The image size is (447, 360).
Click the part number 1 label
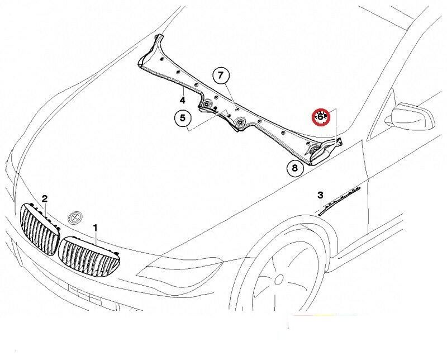point(96,228)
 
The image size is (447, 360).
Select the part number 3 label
point(320,195)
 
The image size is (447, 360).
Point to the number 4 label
point(182,100)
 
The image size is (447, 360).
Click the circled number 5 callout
point(182,119)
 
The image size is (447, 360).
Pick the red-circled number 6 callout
point(321,117)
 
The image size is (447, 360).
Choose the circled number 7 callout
point(220,75)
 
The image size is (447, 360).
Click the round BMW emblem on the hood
point(74,216)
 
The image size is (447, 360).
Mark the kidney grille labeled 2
point(39,229)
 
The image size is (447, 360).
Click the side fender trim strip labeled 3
point(340,200)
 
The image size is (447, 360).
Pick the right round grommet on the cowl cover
point(239,122)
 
